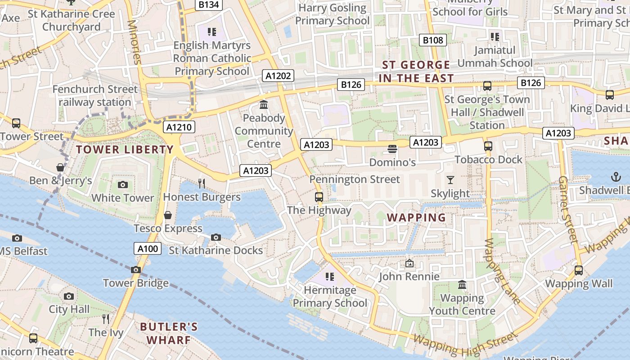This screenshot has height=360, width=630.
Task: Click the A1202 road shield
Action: (x=278, y=76)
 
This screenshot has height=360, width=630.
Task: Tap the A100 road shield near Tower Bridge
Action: (x=148, y=248)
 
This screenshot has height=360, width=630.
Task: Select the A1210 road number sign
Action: (x=179, y=127)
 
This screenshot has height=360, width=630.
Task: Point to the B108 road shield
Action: (x=433, y=40)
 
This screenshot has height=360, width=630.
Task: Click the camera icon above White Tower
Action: (x=122, y=184)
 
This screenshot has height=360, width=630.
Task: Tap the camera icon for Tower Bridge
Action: (x=135, y=270)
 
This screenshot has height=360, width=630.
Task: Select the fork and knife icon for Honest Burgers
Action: (x=202, y=183)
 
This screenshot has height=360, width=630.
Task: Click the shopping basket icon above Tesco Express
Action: (x=168, y=215)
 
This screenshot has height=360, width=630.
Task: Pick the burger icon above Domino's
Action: (x=392, y=148)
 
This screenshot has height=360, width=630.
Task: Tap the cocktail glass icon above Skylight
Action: (x=450, y=180)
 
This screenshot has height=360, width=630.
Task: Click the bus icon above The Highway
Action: (x=319, y=197)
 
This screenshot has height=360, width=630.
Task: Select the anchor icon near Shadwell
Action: (x=616, y=177)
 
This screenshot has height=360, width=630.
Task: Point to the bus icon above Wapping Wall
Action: (x=579, y=270)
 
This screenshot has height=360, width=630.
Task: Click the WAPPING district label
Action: (x=416, y=218)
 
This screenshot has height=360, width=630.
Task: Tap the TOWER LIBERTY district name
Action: (x=125, y=149)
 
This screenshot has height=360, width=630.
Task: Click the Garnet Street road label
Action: (x=568, y=209)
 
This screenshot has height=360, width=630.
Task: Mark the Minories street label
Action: (x=134, y=42)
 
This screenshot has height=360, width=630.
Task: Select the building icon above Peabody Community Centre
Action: (x=264, y=105)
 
